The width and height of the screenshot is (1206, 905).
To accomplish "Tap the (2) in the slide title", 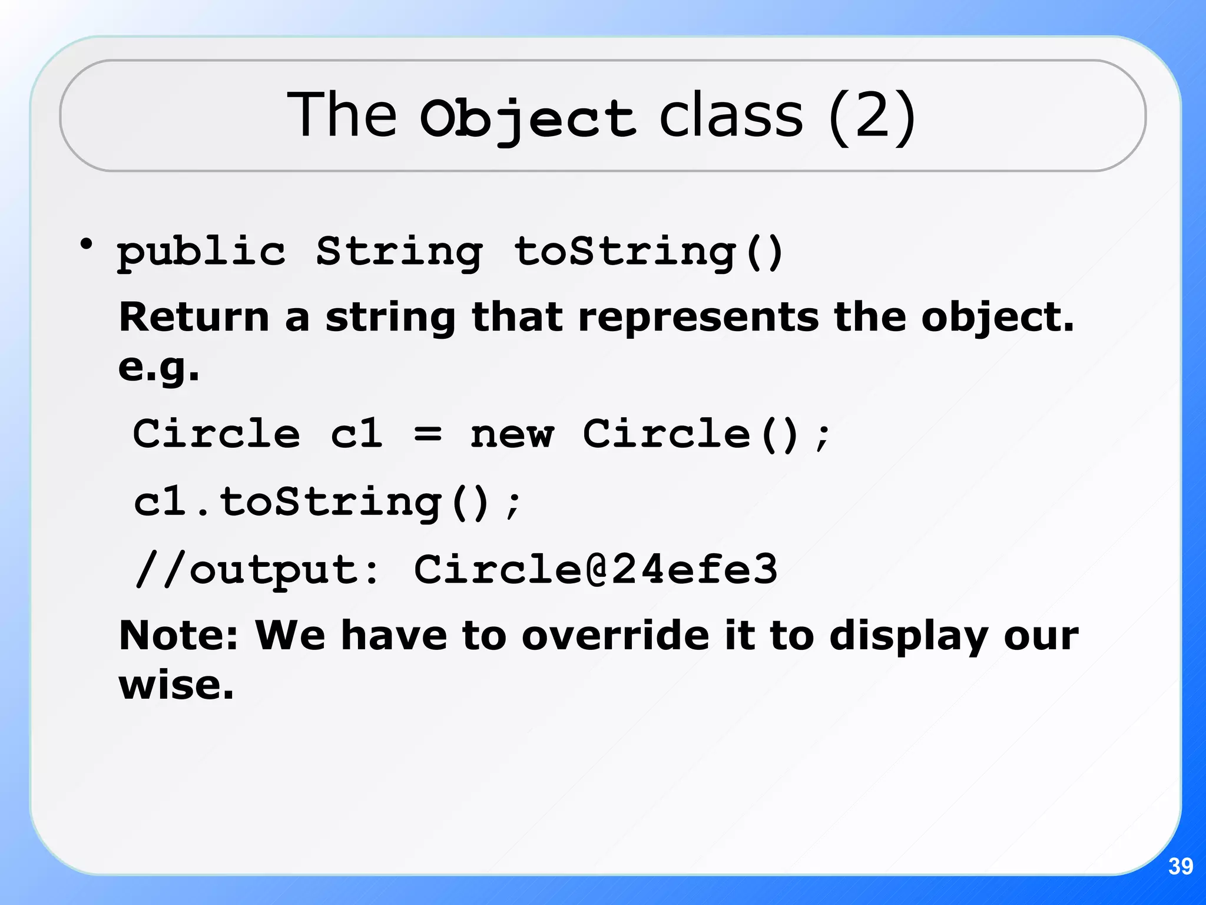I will point(872,116).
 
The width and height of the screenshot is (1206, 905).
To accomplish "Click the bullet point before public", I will point(87,244).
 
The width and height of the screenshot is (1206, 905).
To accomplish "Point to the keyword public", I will point(201,252).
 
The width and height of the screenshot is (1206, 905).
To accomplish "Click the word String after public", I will point(399,252).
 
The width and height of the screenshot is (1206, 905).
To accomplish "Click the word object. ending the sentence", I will point(998,318).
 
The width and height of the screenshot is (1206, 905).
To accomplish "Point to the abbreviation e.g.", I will point(158,368).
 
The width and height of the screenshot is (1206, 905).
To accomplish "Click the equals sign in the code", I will point(427,435).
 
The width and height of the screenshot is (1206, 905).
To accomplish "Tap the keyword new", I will point(512,435).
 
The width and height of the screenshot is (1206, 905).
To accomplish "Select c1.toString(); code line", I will point(327,503).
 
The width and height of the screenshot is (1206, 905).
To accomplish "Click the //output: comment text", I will point(257,570).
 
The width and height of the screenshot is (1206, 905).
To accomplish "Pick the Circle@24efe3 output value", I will point(595,570).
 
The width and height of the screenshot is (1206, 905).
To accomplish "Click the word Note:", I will point(178,636).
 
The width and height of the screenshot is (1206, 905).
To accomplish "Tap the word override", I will point(615,636).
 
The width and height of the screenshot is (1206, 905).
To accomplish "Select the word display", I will point(909,637).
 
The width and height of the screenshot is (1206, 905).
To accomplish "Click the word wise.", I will point(176,685).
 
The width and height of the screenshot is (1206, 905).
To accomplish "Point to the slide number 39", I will point(1180,866).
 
